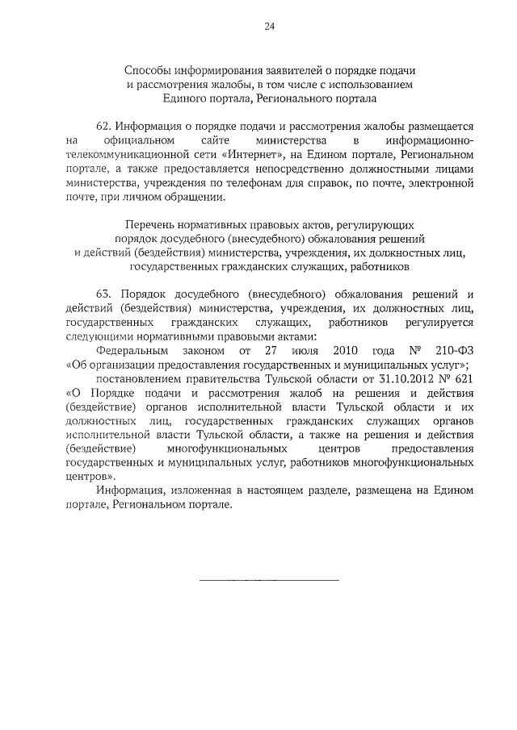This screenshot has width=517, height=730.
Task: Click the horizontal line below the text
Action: pyautogui.click(x=270, y=580)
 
